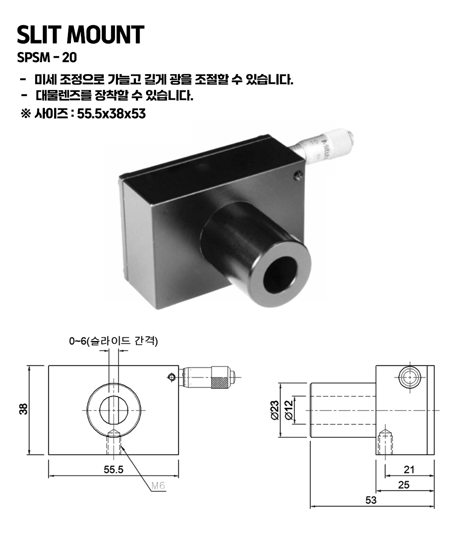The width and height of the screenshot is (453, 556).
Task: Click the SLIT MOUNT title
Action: pos(81,34)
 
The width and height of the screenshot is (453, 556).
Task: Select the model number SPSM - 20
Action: pos(47,57)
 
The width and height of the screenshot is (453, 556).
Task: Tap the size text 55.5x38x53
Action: pos(111,114)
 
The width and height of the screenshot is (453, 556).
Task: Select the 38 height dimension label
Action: pos(23,409)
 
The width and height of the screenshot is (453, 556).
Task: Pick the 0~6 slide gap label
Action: pos(113,341)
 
